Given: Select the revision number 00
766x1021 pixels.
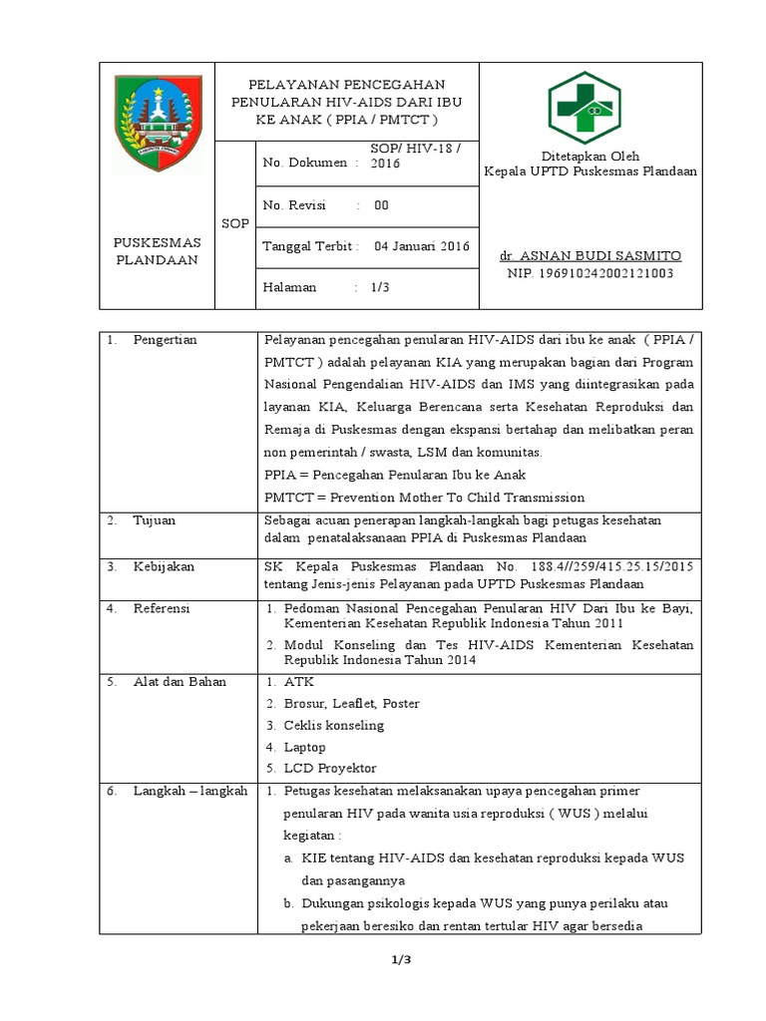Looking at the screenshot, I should [381, 205].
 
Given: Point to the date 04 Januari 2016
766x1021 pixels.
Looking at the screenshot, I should [420, 246].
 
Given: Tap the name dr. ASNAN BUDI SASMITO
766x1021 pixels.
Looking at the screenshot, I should [589, 255].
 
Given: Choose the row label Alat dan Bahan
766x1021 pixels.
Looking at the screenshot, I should [180, 682].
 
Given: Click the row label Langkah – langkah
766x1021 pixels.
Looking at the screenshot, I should [190, 791].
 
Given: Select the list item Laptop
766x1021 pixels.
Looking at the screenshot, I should [304, 747].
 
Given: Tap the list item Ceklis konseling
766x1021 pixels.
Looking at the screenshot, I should [333, 725].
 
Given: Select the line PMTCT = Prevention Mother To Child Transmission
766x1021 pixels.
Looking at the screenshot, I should [424, 498].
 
